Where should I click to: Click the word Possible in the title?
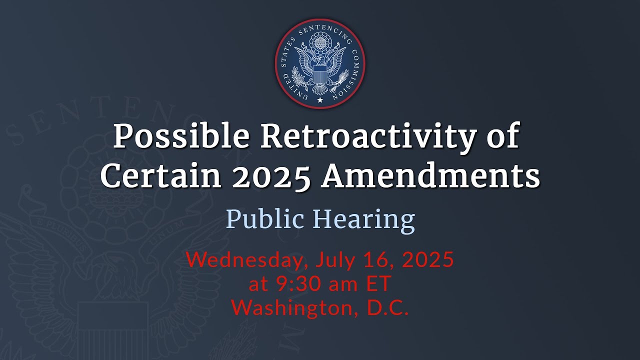[181, 136]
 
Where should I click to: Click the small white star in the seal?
[320, 100]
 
